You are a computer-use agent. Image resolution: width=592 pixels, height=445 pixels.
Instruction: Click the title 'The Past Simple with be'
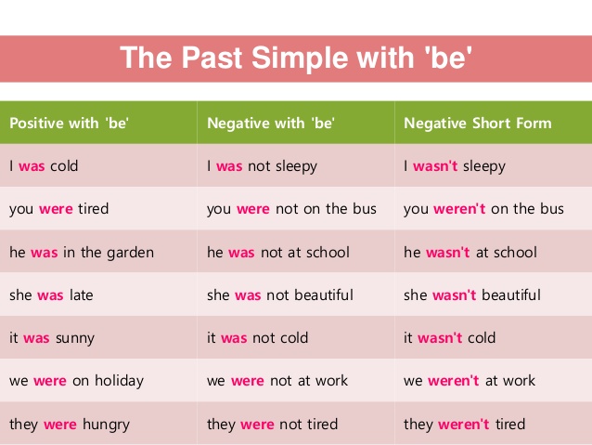coord(296,58)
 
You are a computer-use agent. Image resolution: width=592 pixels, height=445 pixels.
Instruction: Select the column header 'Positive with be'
coord(69,123)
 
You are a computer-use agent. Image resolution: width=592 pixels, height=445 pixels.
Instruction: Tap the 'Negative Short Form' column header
coord(478,123)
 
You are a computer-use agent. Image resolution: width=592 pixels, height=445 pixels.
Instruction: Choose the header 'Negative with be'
coord(271,123)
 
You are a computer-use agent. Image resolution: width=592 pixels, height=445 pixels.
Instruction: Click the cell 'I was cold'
coord(44,166)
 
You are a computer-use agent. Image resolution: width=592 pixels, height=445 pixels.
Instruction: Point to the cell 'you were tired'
coord(58,209)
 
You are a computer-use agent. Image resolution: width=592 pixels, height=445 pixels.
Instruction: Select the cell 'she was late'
coord(51,294)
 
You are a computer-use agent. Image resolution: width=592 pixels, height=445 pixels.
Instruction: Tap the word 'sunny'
coord(75,338)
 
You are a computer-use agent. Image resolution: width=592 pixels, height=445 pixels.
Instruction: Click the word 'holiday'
coord(120,381)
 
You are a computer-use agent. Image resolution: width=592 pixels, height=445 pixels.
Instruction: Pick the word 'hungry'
coord(106,425)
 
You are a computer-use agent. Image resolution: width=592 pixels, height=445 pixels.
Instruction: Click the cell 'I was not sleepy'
coord(262,166)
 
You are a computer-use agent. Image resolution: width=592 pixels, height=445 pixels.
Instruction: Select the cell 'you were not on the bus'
coord(291,209)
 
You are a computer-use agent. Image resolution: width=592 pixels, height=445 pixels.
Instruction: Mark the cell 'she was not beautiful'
coord(280,294)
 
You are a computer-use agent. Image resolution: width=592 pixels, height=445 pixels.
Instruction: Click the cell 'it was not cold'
coord(257,337)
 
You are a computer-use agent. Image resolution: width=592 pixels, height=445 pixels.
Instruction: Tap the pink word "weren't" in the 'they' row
coord(464,425)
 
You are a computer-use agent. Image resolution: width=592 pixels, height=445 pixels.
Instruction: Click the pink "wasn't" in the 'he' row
coord(448,252)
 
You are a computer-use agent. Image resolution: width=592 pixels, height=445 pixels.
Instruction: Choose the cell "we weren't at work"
coord(470,380)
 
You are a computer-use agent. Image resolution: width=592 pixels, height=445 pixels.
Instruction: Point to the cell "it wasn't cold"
coord(449,337)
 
